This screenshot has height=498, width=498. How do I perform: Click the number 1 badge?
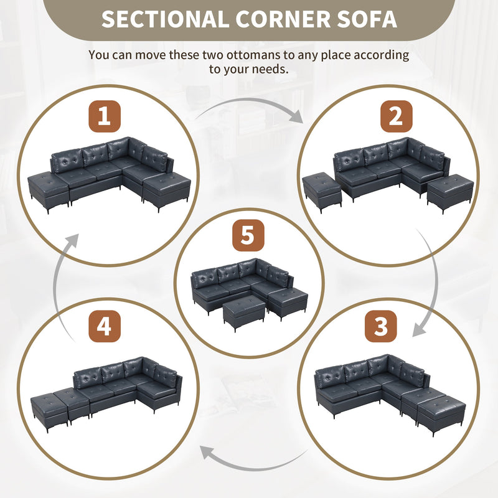[x=104, y=116]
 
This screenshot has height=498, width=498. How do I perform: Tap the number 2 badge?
[x=397, y=116]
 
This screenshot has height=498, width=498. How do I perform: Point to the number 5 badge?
[x=248, y=237]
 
